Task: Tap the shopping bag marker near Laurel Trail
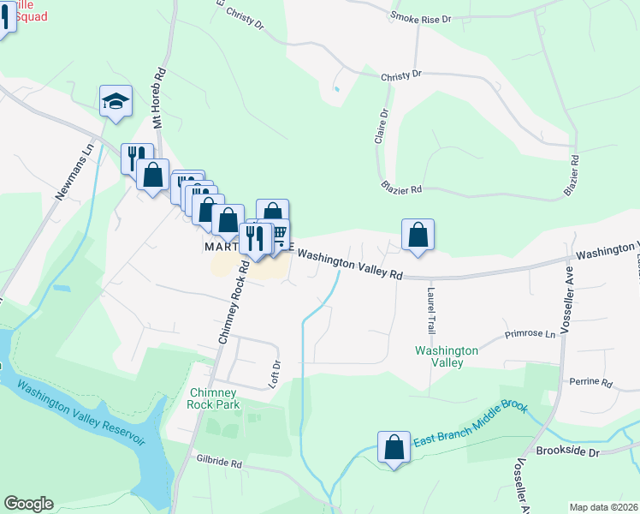(x=418, y=234)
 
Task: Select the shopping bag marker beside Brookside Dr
(x=394, y=447)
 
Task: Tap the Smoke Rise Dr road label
(x=420, y=16)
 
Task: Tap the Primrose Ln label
(x=530, y=333)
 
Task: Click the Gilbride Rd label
(x=217, y=463)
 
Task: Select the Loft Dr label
(x=276, y=371)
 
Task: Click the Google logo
(x=28, y=504)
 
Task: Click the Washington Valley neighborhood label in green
(x=446, y=356)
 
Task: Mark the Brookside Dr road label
(x=564, y=450)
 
